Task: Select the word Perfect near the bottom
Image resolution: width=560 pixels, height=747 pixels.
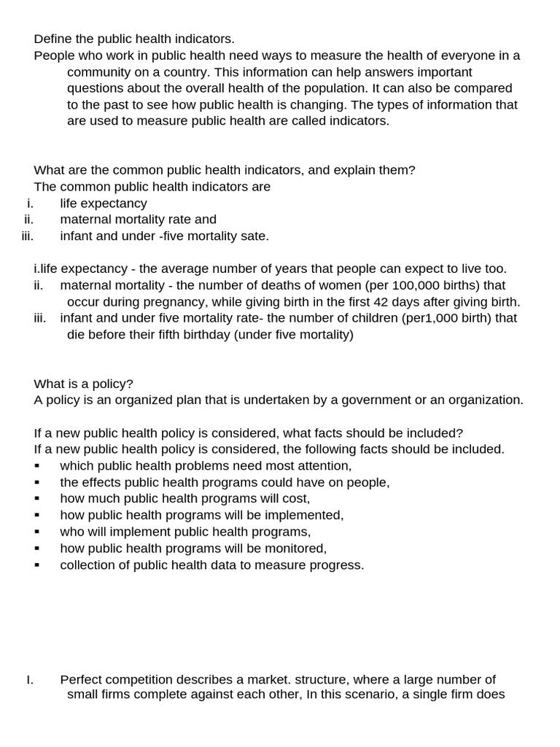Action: pyautogui.click(x=81, y=680)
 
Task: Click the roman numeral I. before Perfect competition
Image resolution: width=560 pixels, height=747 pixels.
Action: pyautogui.click(x=30, y=680)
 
